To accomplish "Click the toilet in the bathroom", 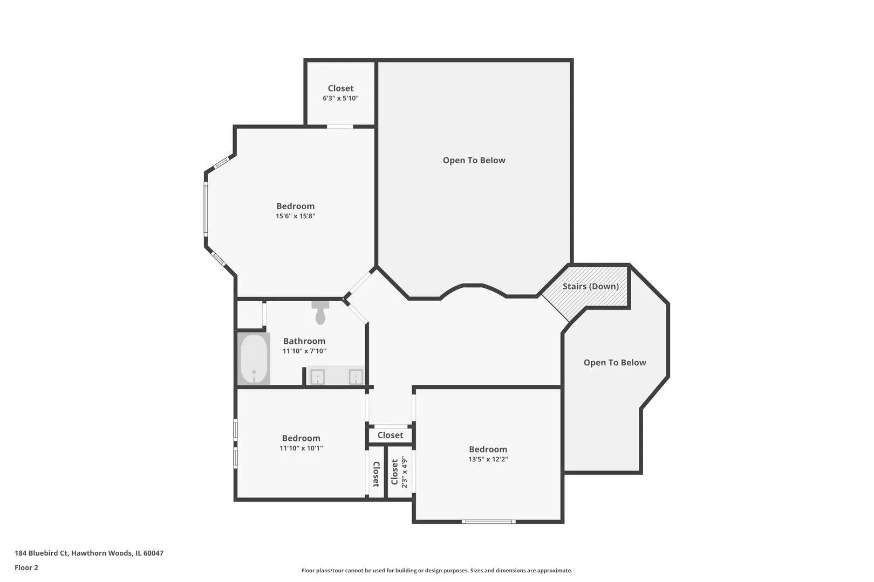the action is click(320, 313).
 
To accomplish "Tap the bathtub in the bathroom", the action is click(254, 359).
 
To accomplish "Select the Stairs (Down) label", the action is click(590, 287).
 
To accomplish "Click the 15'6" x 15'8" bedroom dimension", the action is click(295, 216).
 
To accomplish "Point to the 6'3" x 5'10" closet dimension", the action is click(340, 98).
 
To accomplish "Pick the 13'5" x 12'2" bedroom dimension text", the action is click(488, 459).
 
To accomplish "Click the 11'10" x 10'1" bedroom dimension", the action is click(301, 448).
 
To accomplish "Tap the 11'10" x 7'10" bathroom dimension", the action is click(304, 351).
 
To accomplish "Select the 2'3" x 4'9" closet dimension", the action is click(404, 472).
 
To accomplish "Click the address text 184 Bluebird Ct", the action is click(42, 553).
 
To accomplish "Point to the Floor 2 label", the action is click(26, 567).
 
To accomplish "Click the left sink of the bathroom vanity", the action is click(318, 377).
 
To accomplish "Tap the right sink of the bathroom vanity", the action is click(356, 377).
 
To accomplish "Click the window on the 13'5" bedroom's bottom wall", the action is click(489, 522).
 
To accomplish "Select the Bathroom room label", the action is click(304, 341).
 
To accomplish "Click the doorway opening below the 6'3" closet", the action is click(340, 126).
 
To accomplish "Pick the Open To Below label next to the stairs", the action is click(615, 363).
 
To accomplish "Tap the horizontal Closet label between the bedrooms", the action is click(390, 435).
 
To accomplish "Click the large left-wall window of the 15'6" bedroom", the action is click(206, 209).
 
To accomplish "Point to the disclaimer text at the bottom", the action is click(436, 571).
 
